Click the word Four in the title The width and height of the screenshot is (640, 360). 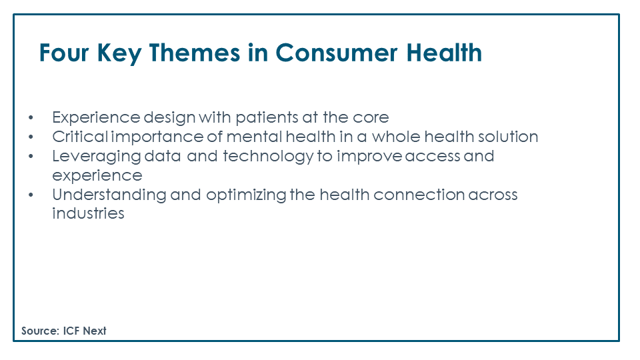pyautogui.click(x=64, y=53)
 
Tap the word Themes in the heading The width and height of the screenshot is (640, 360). pyautogui.click(x=194, y=53)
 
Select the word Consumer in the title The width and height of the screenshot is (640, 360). pyautogui.click(x=336, y=53)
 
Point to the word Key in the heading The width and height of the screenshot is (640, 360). pyautogui.click(x=119, y=53)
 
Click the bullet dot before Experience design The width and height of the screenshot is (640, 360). pyautogui.click(x=31, y=118)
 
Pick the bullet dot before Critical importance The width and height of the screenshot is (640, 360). pyautogui.click(x=31, y=137)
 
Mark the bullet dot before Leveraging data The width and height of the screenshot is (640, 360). pyautogui.click(x=31, y=156)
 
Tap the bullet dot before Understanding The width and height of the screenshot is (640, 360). pyautogui.click(x=31, y=195)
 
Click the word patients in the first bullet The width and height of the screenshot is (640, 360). pyautogui.click(x=267, y=118)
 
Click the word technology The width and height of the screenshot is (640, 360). pyautogui.click(x=268, y=157)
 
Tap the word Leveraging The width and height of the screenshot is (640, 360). pyautogui.click(x=96, y=157)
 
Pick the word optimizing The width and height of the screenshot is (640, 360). pyautogui.click(x=246, y=195)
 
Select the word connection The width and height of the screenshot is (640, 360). pyautogui.click(x=419, y=195)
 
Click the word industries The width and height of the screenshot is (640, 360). pyautogui.click(x=88, y=213)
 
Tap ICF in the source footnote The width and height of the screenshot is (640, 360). pyautogui.click(x=71, y=331)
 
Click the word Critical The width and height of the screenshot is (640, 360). pyautogui.click(x=80, y=137)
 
